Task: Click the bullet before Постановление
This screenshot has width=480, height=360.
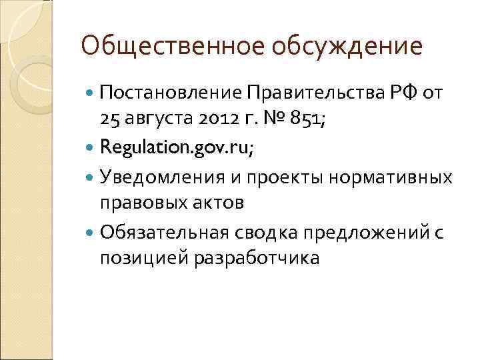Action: pyautogui.click(x=90, y=92)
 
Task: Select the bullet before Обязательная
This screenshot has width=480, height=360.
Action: pyautogui.click(x=90, y=232)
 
